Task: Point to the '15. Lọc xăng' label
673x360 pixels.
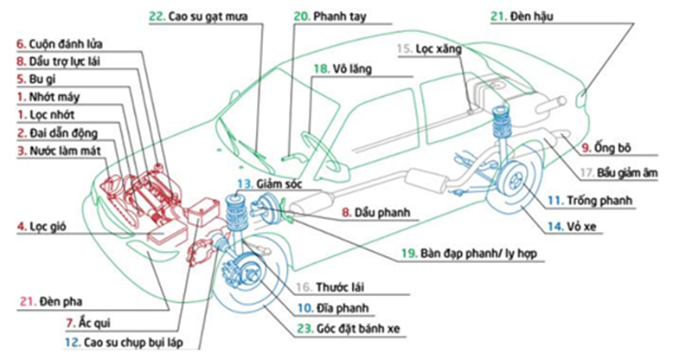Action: (432, 49)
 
